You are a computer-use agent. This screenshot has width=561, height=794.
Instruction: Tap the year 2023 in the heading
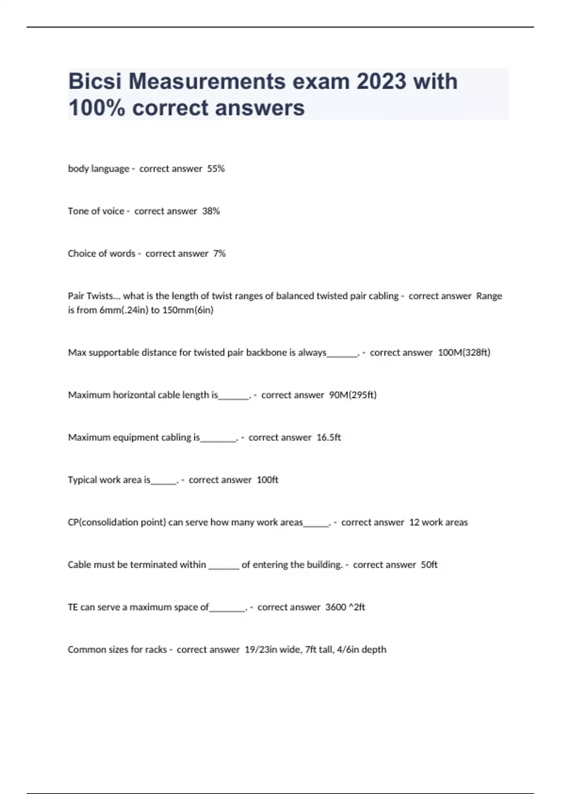[381, 81]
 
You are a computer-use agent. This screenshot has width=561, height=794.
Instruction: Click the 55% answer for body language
[216, 169]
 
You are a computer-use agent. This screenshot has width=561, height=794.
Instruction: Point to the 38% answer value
[211, 211]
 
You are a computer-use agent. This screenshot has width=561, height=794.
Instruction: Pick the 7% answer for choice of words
[219, 254]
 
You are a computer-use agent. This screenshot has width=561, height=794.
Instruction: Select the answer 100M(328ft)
[464, 353]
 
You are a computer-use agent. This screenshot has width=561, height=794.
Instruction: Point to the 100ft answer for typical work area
[267, 480]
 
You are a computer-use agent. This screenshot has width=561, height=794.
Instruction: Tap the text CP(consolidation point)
[117, 522]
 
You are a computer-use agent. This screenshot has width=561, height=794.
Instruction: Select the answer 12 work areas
[438, 522]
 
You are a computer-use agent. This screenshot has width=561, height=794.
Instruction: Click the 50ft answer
[429, 565]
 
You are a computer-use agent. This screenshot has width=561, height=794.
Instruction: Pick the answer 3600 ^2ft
[345, 607]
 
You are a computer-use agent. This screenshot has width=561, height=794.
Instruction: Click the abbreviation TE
[73, 607]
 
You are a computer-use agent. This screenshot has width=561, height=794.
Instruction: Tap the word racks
[156, 650]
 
